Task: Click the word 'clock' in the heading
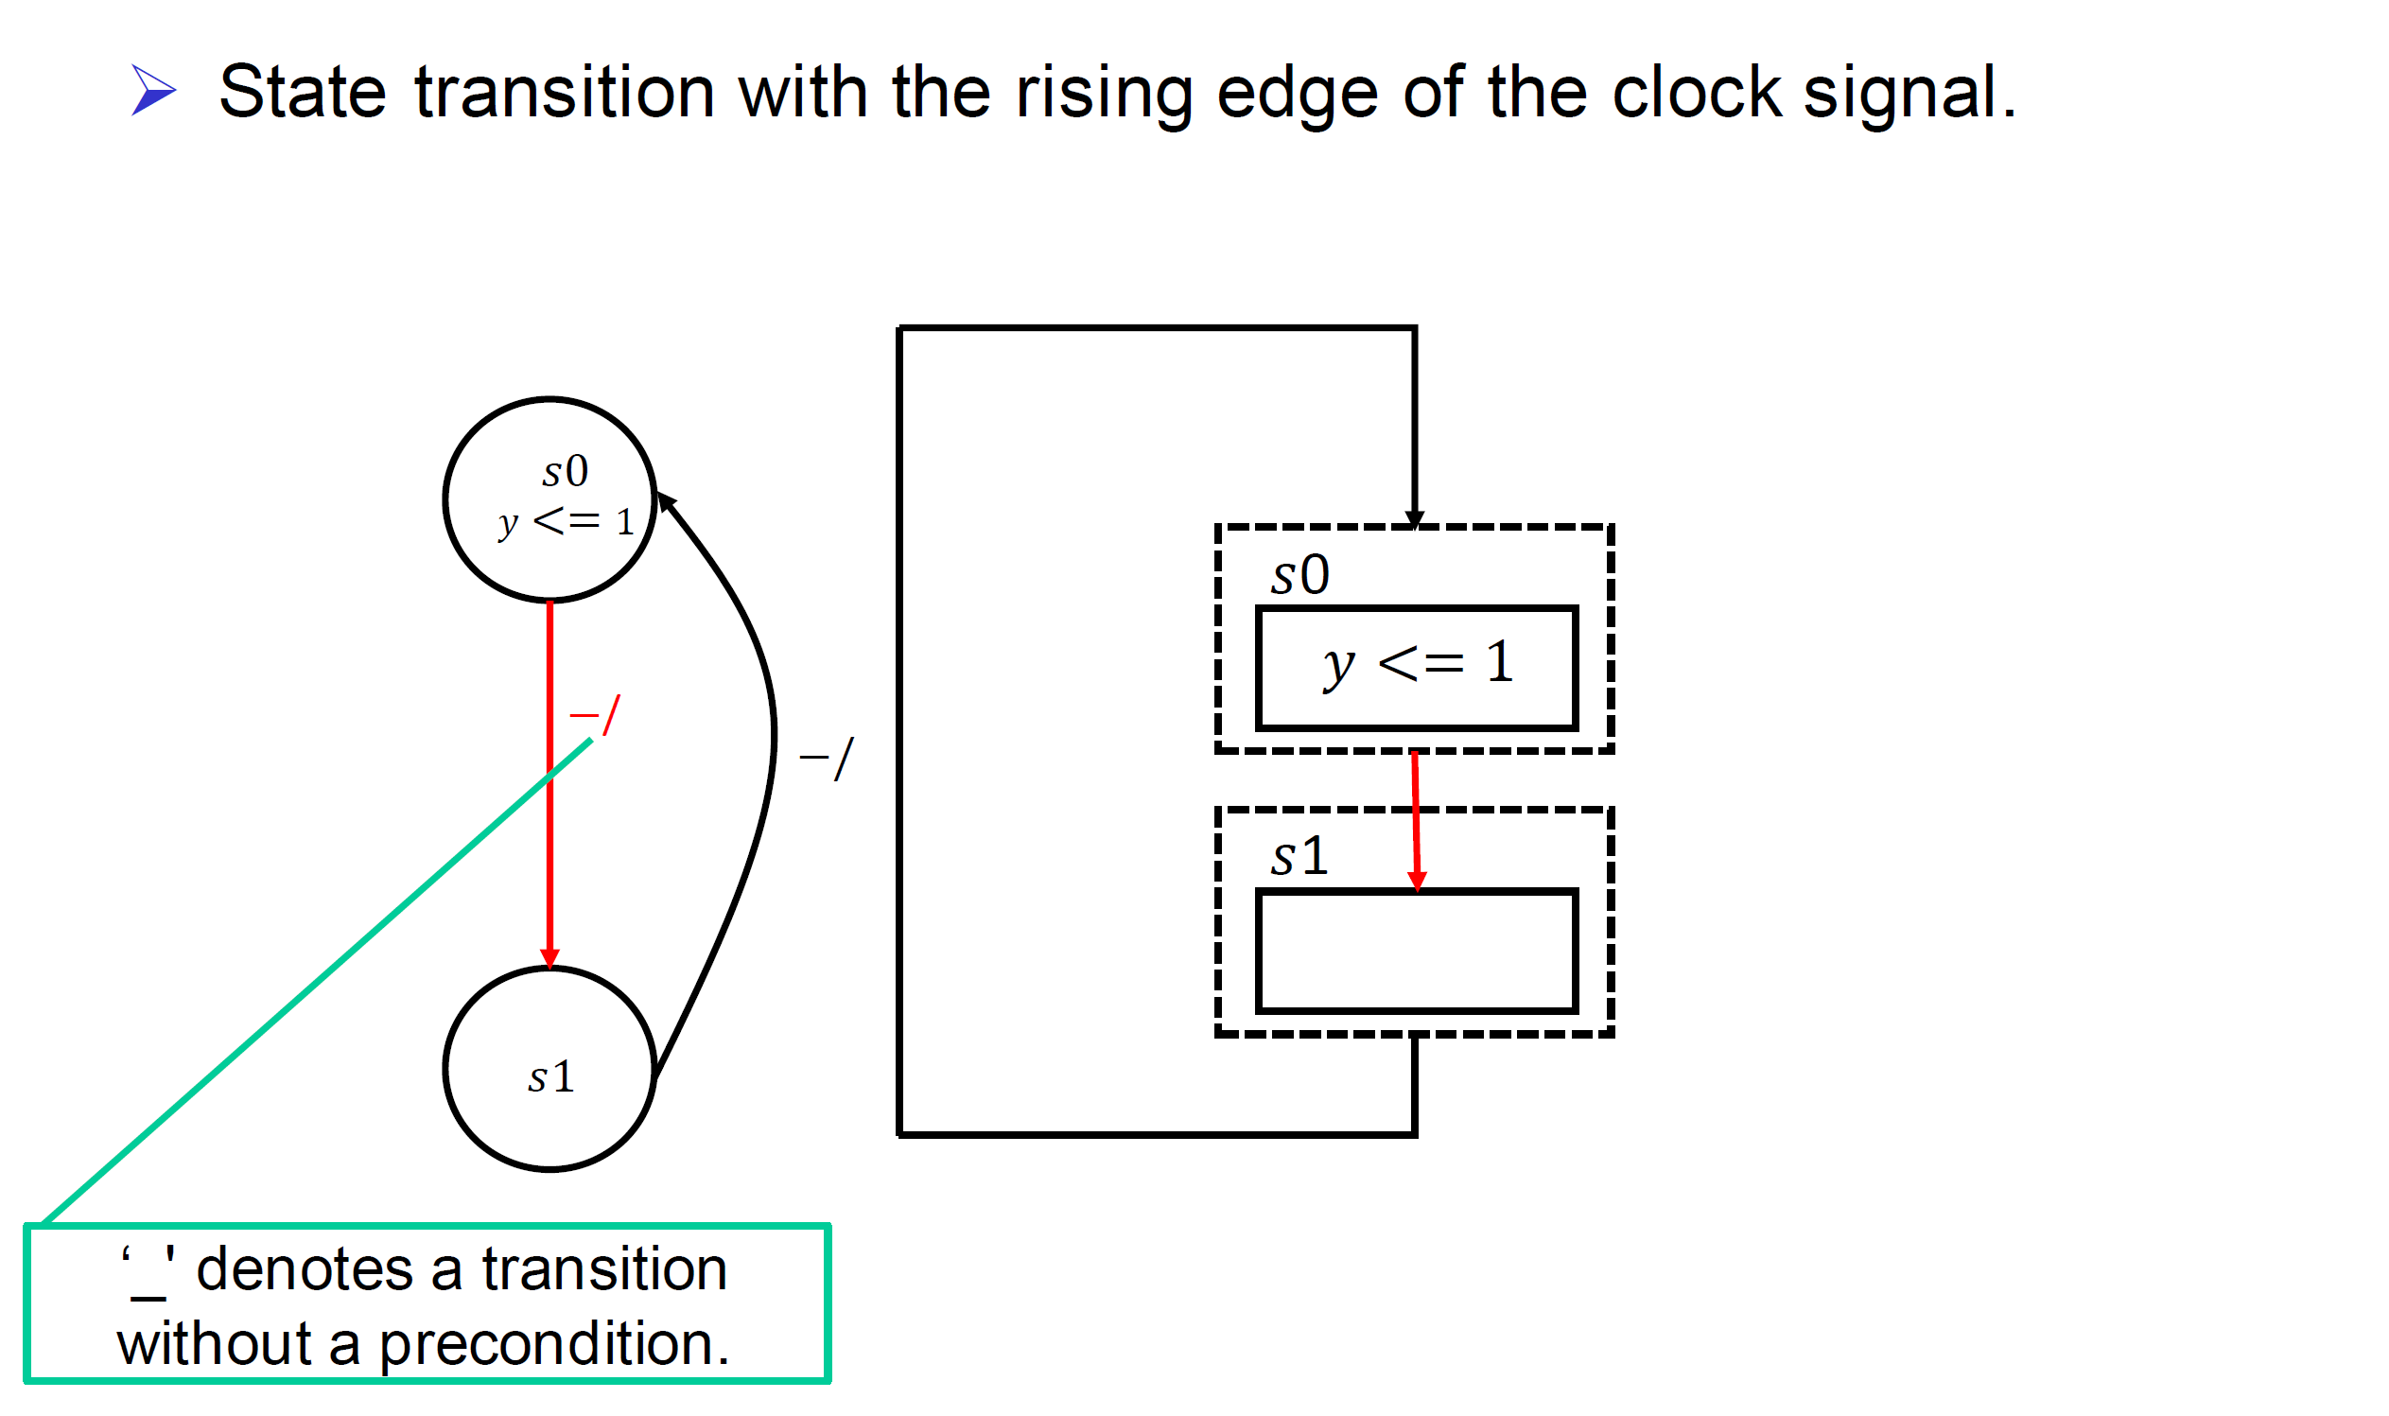tap(1696, 93)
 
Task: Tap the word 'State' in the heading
tap(303, 93)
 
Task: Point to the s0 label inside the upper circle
tap(565, 471)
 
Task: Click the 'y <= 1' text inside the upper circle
tap(566, 522)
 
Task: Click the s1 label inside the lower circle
tap(551, 1077)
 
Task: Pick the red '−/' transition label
tap(594, 715)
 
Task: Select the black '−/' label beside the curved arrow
tap(827, 759)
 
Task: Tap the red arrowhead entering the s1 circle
tap(549, 958)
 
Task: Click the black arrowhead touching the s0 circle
tap(666, 502)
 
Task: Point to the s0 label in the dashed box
tap(1299, 575)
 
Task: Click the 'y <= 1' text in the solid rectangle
tap(1418, 664)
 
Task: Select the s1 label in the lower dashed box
tap(1299, 856)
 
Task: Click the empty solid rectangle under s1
tap(1417, 952)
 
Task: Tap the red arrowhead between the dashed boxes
tap(1417, 880)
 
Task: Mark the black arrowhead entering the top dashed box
tap(1414, 518)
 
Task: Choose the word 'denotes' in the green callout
tap(304, 1270)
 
